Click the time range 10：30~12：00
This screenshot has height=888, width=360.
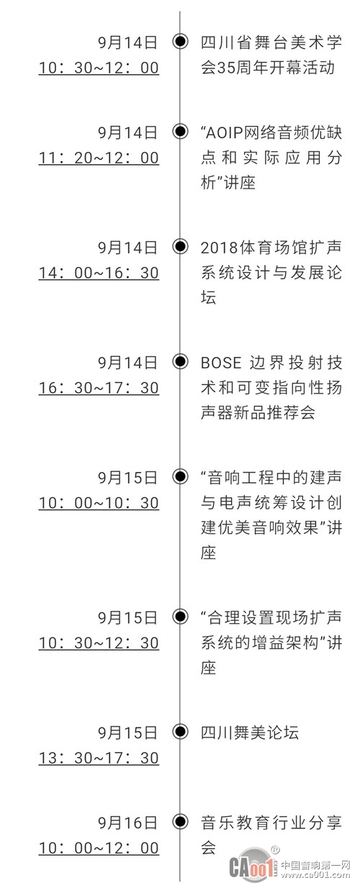99,68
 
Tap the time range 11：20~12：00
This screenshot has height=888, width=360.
99,158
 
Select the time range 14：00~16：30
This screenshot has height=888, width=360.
99,273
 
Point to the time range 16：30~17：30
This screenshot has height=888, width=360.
99,388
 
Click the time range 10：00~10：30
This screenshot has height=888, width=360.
99,503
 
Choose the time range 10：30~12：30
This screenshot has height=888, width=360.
99,643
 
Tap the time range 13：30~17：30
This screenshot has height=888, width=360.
99,758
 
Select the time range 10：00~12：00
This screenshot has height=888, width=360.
99,848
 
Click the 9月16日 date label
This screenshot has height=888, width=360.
128,823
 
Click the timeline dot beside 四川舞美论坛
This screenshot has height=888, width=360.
181,731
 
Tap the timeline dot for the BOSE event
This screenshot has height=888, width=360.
181,361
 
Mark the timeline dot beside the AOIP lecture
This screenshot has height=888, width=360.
181,131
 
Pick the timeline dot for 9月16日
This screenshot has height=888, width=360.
181,821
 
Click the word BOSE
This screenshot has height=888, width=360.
221,363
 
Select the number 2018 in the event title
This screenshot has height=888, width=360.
220,248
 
